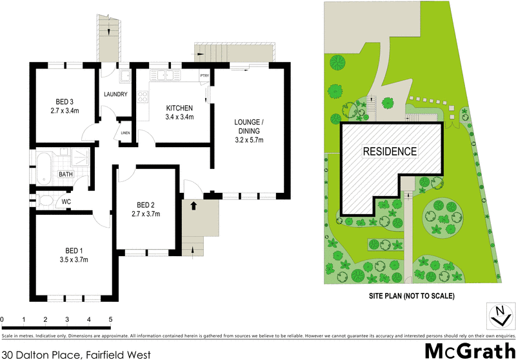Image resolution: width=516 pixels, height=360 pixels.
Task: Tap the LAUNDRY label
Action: coord(115,95)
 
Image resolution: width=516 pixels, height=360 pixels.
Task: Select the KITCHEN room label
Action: coord(179,108)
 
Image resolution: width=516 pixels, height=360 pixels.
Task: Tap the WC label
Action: coord(66,202)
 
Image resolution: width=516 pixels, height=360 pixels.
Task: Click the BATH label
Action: coord(66,174)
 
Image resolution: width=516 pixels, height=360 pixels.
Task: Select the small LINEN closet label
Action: coord(125,134)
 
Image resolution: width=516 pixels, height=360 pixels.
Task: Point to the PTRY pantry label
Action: coord(204,76)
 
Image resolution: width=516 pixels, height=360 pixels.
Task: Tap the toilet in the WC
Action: coord(45,201)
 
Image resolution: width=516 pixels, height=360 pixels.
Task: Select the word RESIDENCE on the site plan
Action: coord(389,152)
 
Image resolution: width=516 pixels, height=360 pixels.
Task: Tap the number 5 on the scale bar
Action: coord(110,320)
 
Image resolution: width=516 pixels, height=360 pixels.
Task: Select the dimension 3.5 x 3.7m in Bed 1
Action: coord(73,259)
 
